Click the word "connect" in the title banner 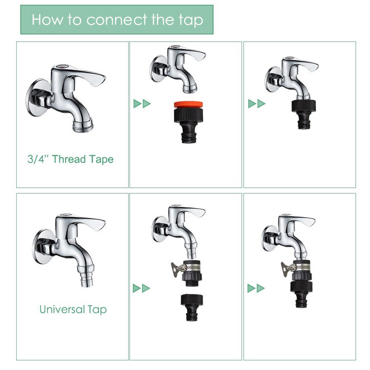[x=117, y=19]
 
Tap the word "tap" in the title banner [x=191, y=20]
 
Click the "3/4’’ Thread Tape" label [x=70, y=159]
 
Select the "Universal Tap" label [x=73, y=309]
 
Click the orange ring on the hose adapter [x=188, y=105]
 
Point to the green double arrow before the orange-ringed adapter [x=142, y=104]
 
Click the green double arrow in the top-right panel [x=257, y=104]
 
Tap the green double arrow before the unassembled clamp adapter [x=142, y=288]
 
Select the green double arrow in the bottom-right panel [x=256, y=288]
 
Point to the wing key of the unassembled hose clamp [x=177, y=269]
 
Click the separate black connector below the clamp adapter [x=192, y=307]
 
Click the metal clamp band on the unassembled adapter [x=192, y=268]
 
